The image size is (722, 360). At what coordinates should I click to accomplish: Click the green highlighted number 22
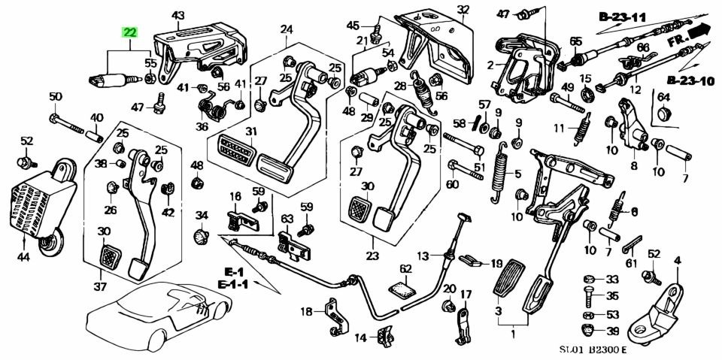[x=131, y=32]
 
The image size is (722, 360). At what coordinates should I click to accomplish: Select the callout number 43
[x=177, y=15]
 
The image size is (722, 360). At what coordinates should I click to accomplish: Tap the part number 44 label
[x=23, y=257]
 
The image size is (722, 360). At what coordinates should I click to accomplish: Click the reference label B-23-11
[x=623, y=16]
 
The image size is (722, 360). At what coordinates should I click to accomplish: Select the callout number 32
[x=463, y=10]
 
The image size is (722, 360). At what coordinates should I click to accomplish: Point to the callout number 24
[x=287, y=30]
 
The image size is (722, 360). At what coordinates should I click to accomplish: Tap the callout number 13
[x=423, y=255]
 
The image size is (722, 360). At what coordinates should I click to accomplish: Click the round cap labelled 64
[x=664, y=113]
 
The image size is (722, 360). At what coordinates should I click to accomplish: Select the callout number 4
[x=676, y=261]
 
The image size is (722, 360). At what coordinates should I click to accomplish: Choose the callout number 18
[x=307, y=311]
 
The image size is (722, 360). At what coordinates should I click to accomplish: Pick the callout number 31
[x=250, y=132]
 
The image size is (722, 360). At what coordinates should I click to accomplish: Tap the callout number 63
[x=287, y=219]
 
